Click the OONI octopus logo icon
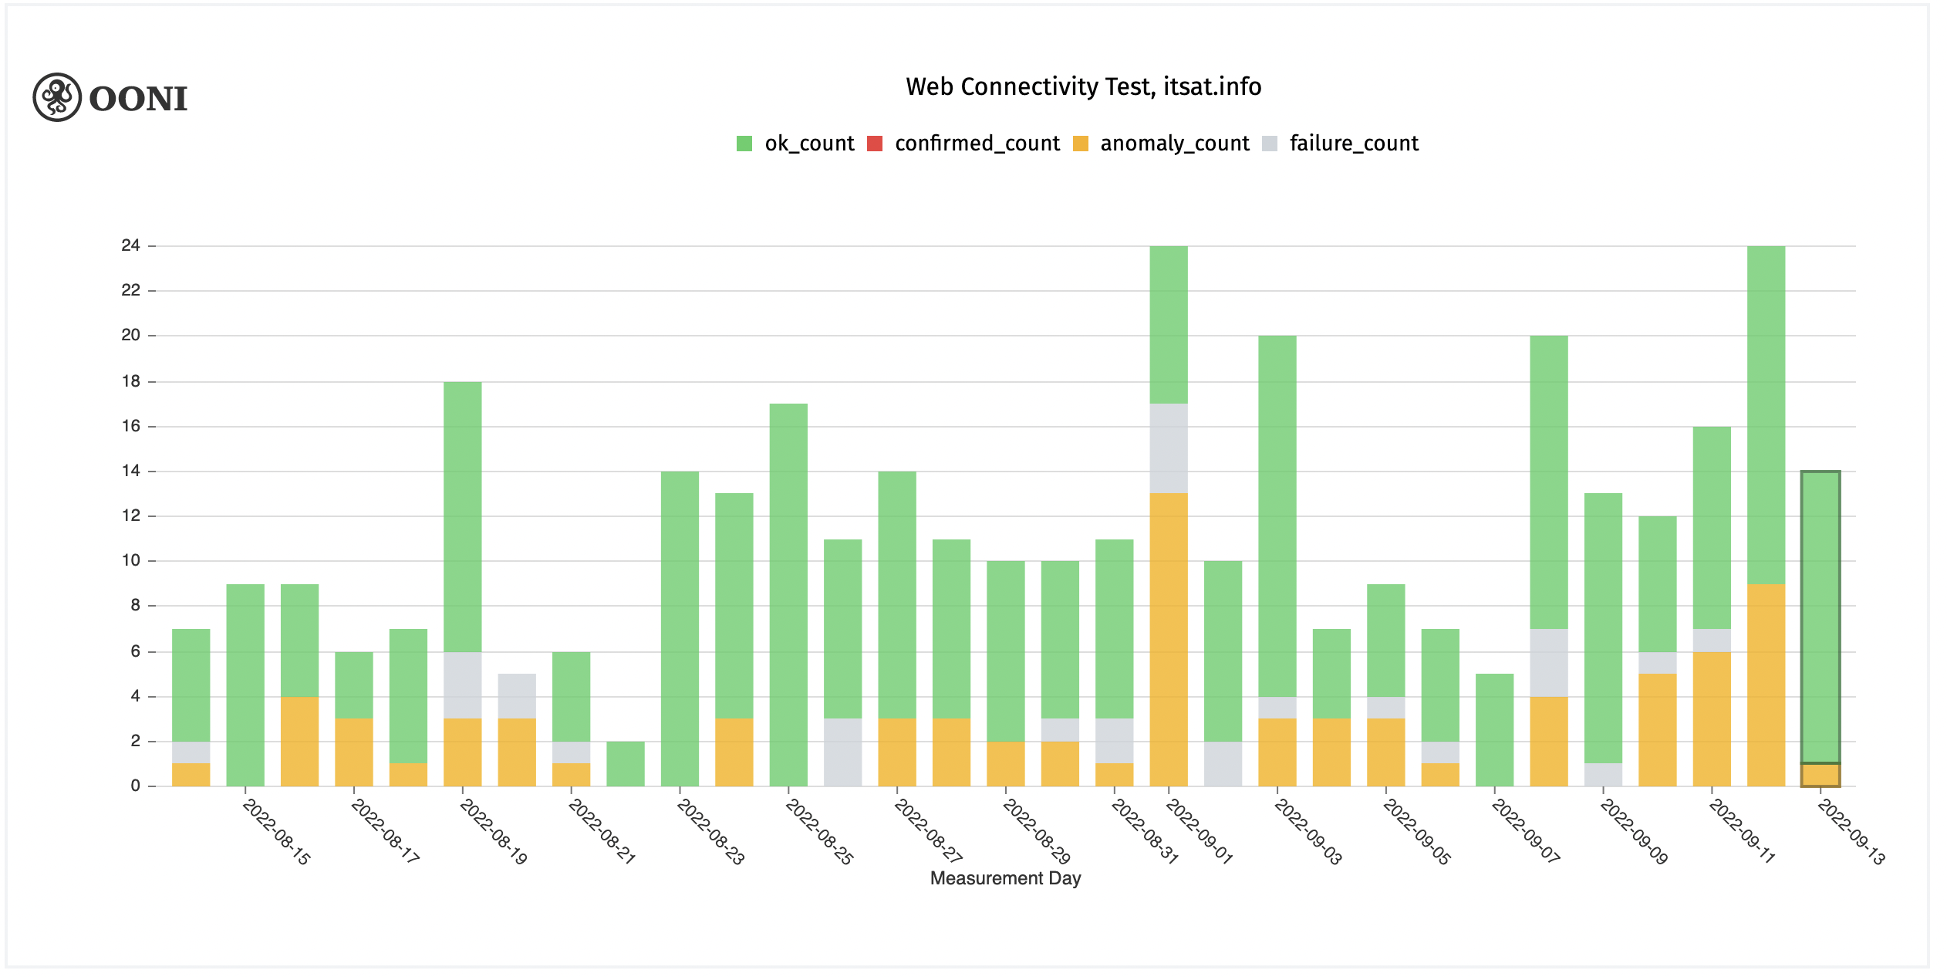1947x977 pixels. click(57, 97)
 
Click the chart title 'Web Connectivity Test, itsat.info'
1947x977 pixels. click(1083, 86)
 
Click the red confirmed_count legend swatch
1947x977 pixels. click(875, 144)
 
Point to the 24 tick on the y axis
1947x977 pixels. click(130, 245)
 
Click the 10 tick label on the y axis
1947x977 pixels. click(130, 560)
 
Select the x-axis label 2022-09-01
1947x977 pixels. click(1200, 832)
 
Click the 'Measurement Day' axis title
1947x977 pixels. click(1005, 878)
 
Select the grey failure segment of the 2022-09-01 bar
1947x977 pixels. click(1168, 448)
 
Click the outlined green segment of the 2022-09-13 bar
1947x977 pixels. click(1820, 617)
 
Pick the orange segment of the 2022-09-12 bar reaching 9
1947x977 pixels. click(1766, 685)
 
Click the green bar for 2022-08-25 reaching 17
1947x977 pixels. click(788, 594)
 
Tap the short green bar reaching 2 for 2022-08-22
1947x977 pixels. click(625, 764)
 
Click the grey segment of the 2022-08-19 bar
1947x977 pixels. click(462, 685)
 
